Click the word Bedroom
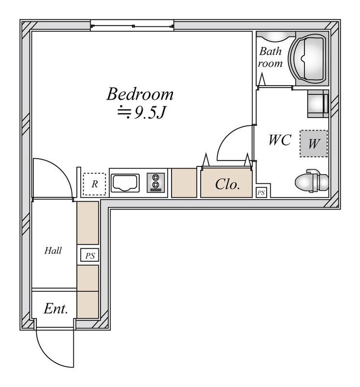[140, 94]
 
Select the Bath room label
[270, 57]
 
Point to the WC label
[280, 140]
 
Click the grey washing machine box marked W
[314, 143]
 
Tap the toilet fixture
[312, 181]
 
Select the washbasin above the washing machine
[318, 104]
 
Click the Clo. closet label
[227, 184]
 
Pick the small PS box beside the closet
[261, 193]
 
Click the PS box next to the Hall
[90, 255]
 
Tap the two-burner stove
[156, 182]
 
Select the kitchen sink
[125, 183]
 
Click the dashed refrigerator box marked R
[94, 184]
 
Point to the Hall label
[53, 251]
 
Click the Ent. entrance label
[56, 309]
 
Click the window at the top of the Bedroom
[132, 26]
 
